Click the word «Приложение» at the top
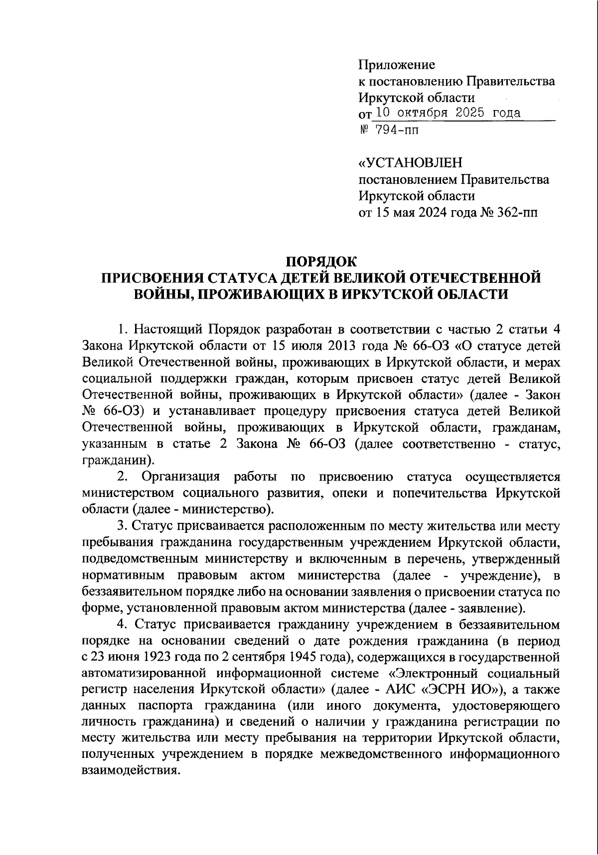coord(397,65)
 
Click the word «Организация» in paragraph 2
coord(181,477)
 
